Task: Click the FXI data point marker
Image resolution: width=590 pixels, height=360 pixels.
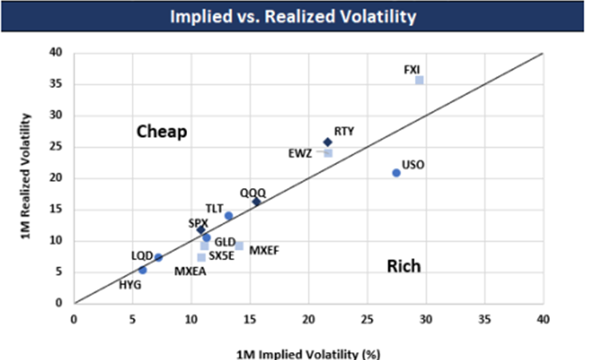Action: pyautogui.click(x=419, y=81)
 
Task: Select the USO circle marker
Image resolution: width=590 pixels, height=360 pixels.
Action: pyautogui.click(x=396, y=173)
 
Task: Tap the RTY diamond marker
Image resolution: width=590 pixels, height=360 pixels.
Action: pyautogui.click(x=327, y=142)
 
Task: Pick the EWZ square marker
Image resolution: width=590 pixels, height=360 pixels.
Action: pyautogui.click(x=328, y=153)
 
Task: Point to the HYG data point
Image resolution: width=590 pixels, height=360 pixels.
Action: pyautogui.click(x=142, y=270)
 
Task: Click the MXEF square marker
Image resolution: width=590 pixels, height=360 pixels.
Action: pyautogui.click(x=239, y=246)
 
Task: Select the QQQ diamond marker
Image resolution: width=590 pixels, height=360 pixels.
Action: pyautogui.click(x=256, y=202)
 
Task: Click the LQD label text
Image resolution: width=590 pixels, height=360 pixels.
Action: pyautogui.click(x=142, y=256)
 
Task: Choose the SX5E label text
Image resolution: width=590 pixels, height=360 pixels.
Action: pyautogui.click(x=221, y=256)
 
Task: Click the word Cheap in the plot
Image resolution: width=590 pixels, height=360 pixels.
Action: pyautogui.click(x=161, y=132)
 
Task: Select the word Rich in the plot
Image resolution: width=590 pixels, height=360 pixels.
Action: pyautogui.click(x=403, y=266)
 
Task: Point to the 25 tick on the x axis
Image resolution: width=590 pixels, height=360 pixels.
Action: pyautogui.click(x=367, y=318)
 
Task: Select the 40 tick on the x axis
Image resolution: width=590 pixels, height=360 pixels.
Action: pyautogui.click(x=543, y=318)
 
